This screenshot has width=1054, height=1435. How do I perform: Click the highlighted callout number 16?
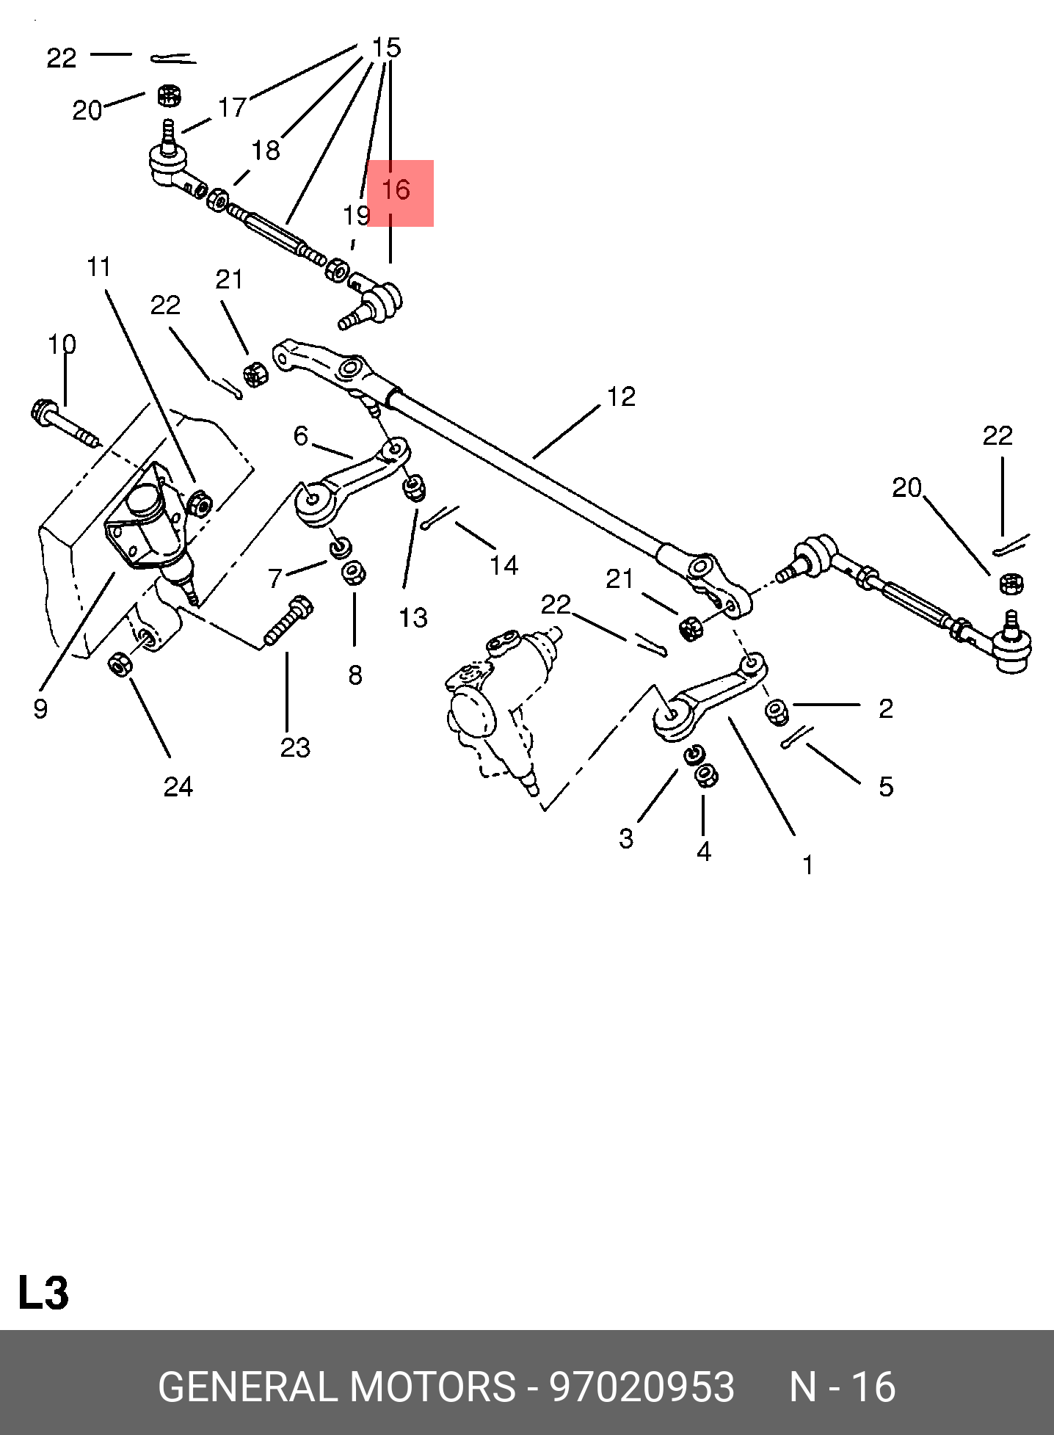pyautogui.click(x=396, y=190)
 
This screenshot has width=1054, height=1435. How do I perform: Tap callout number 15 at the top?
pyautogui.click(x=386, y=48)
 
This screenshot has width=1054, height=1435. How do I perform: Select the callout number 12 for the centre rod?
pyautogui.click(x=620, y=397)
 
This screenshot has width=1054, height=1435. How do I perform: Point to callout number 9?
pyautogui.click(x=40, y=708)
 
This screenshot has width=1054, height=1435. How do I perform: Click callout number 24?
pyautogui.click(x=178, y=787)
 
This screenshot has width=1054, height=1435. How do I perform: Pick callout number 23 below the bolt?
pyautogui.click(x=295, y=748)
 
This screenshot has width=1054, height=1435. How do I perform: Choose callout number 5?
pyautogui.click(x=886, y=787)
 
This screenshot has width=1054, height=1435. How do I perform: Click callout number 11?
pyautogui.click(x=99, y=267)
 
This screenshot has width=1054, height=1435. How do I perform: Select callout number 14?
pyautogui.click(x=504, y=565)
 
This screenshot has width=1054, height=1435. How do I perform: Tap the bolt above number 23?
pyautogui.click(x=288, y=622)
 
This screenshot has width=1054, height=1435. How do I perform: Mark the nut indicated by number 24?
pyautogui.click(x=119, y=664)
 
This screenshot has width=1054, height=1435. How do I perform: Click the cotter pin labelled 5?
pyautogui.click(x=796, y=737)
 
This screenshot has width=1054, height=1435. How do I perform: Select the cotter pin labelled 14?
pyautogui.click(x=439, y=516)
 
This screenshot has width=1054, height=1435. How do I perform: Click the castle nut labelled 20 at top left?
pyautogui.click(x=170, y=95)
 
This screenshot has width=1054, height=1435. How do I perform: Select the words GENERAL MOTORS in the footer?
pyautogui.click(x=337, y=1387)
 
